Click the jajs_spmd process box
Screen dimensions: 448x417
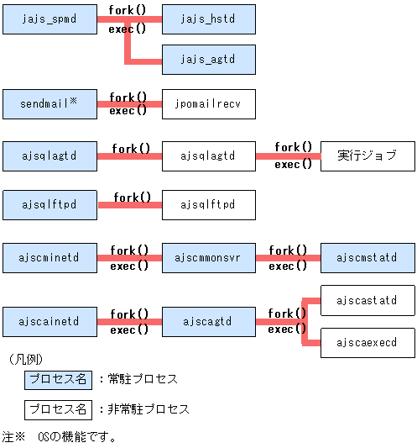point(50,18)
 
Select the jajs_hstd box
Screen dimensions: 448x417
point(208,18)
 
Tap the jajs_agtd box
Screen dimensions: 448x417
point(208,60)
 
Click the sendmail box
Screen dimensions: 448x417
point(50,104)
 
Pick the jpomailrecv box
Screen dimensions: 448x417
point(208,104)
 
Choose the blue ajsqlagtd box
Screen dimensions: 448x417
point(50,155)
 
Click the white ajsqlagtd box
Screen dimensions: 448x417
point(208,155)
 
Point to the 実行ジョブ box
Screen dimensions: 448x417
point(367,155)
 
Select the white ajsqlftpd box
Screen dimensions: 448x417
point(208,205)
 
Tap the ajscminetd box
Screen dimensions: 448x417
point(50,258)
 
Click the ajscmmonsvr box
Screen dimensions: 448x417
point(208,258)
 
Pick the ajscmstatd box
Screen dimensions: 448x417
point(367,258)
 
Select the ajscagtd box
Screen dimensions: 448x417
point(208,321)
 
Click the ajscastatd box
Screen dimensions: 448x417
point(367,300)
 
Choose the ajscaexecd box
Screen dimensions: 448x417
point(367,343)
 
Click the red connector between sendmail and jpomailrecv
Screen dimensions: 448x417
point(129,104)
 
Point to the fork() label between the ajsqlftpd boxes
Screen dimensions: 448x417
point(131,198)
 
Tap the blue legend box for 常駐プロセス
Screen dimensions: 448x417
point(57,379)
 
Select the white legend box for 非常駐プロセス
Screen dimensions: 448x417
point(57,410)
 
